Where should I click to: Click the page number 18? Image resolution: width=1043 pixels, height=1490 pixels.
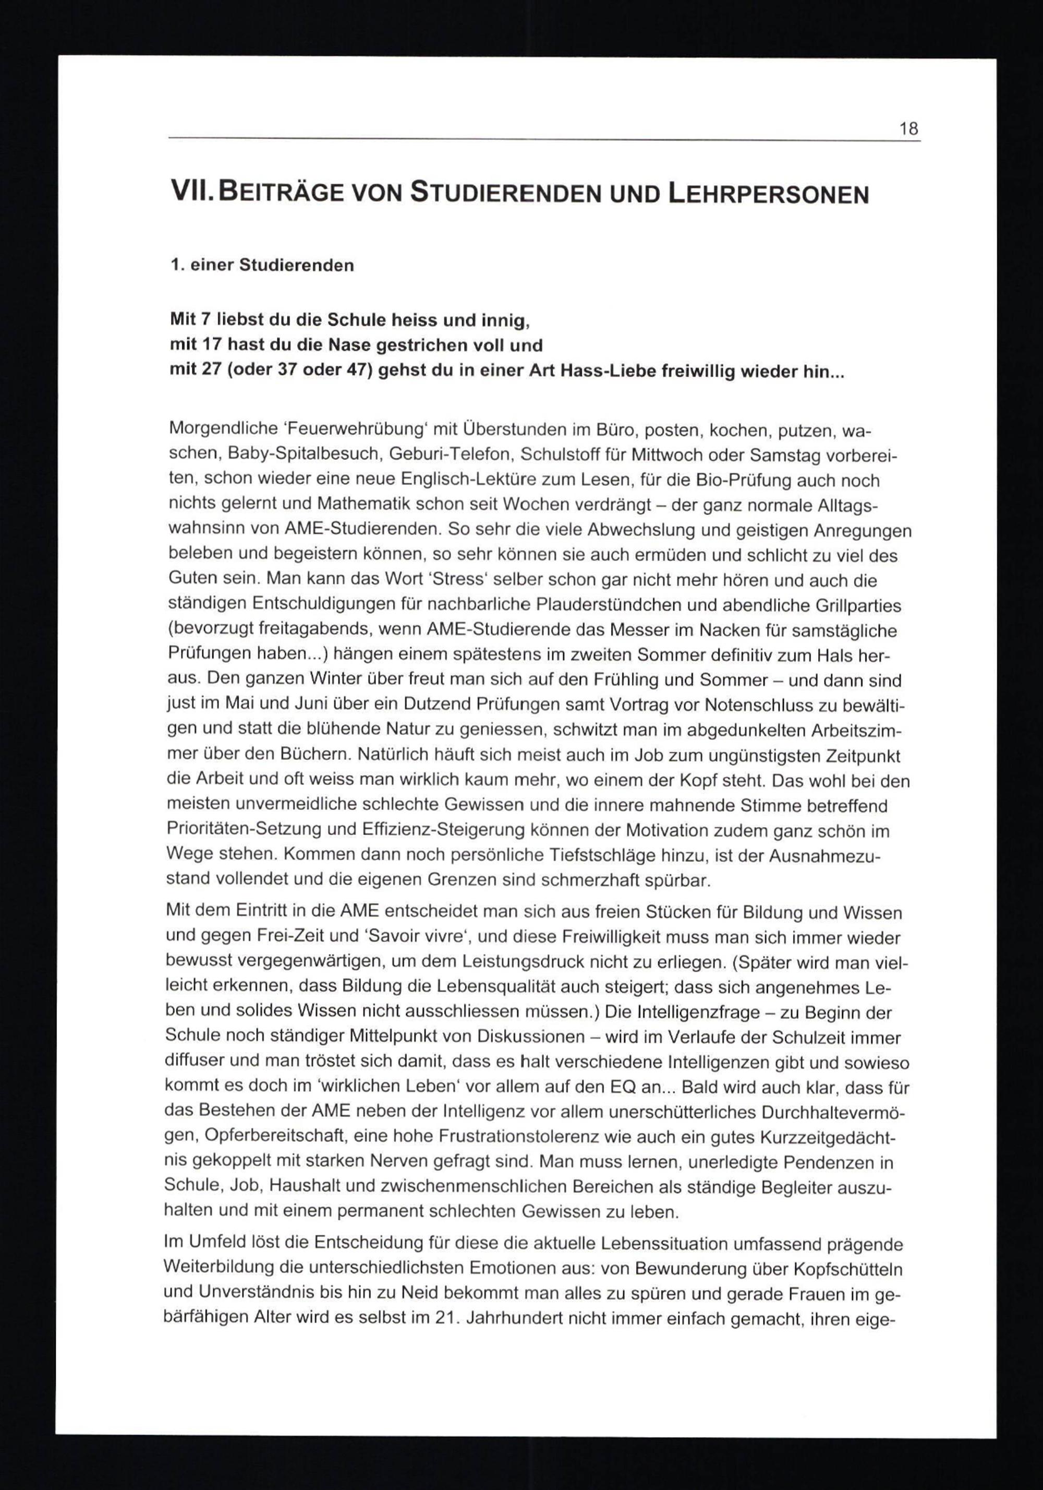909,128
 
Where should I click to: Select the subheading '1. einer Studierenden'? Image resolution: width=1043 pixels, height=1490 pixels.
261,266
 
